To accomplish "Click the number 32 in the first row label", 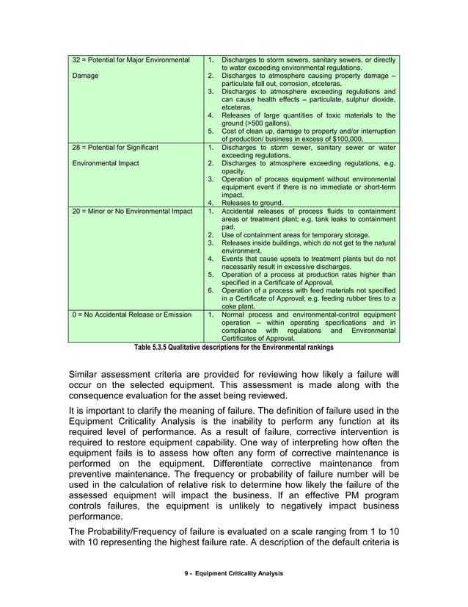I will click(x=76, y=59).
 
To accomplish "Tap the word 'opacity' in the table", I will click(x=235, y=171).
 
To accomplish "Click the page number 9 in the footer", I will click(x=186, y=593).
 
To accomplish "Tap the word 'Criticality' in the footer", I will click(x=246, y=593).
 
